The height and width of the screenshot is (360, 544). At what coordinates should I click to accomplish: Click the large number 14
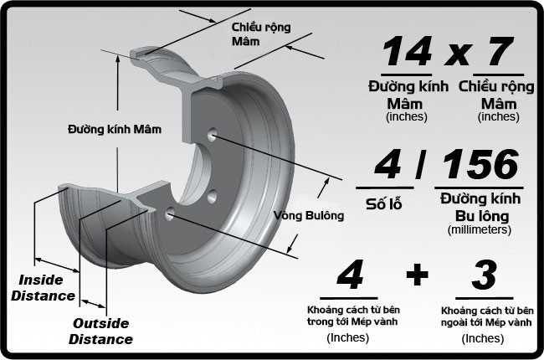pos(408,52)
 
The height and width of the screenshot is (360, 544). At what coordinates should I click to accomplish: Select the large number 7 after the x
pos(499,52)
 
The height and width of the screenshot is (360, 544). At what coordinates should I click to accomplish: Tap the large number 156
pos(481,167)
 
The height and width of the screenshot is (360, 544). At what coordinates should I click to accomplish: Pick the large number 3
pos(485,276)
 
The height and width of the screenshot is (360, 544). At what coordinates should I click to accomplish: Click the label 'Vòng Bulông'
pos(309,215)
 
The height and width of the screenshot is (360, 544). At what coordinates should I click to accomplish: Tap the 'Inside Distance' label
pos(47,287)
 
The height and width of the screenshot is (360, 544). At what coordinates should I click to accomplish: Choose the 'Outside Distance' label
pos(100,332)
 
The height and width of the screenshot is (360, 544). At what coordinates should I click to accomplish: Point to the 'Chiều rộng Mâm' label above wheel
pos(260,33)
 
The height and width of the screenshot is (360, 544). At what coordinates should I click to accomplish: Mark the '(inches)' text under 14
pos(407,117)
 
